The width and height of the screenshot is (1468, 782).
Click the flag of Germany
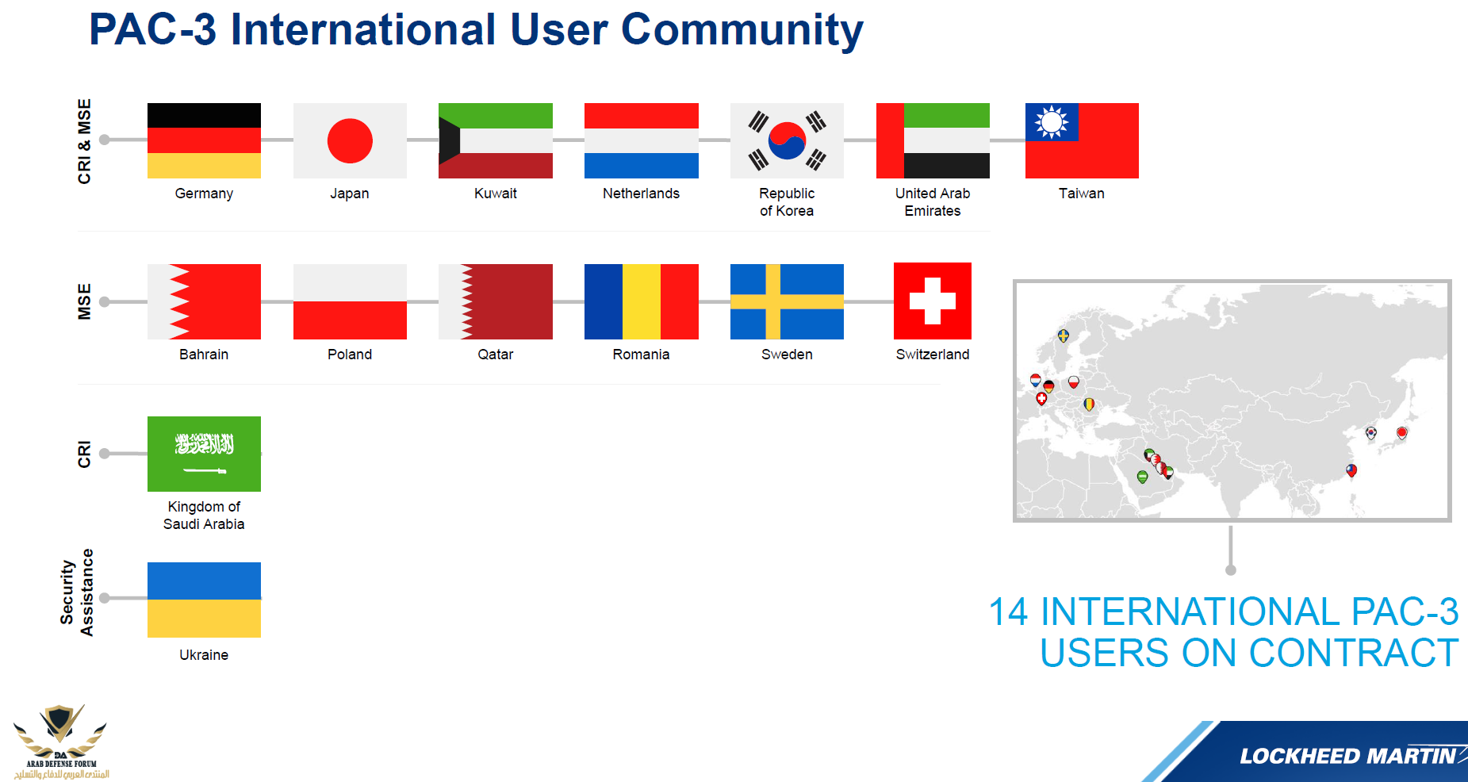click(204, 140)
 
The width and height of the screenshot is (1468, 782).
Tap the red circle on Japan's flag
click(350, 140)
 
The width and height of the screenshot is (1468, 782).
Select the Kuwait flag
click(496, 140)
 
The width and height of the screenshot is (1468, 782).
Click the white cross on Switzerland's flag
click(933, 301)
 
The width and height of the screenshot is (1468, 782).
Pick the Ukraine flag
click(204, 600)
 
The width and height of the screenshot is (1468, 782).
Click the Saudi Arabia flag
click(204, 454)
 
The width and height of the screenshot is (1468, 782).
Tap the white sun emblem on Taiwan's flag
click(1052, 122)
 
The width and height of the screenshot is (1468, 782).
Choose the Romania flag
click(642, 301)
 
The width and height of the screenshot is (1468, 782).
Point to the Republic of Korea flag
click(787, 140)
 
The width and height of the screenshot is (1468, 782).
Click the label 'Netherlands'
click(641, 194)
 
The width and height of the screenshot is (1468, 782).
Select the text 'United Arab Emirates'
click(933, 202)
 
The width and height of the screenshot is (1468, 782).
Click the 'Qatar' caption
click(496, 355)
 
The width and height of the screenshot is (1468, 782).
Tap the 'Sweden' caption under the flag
click(787, 355)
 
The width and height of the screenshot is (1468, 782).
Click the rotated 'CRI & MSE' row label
click(84, 141)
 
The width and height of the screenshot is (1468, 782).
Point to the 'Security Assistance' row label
click(77, 592)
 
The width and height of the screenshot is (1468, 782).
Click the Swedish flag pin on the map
click(1064, 336)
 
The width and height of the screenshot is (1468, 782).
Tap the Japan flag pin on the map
click(1402, 433)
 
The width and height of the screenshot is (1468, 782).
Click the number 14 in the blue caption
click(1008, 612)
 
